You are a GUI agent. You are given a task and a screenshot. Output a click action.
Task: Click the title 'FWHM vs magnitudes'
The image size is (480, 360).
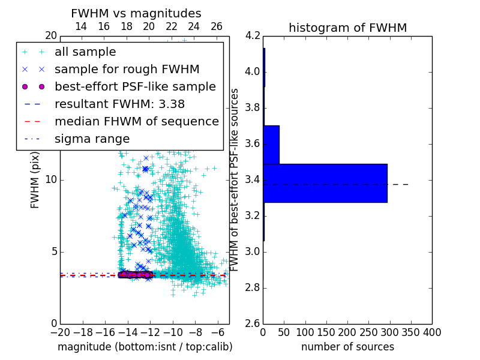(x=136, y=13)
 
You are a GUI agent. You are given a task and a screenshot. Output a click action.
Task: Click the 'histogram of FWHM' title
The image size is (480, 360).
(x=347, y=28)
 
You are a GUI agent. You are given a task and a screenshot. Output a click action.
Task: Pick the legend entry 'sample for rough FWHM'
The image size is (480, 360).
(x=127, y=69)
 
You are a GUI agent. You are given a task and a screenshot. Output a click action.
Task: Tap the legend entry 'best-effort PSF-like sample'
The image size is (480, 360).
(x=135, y=86)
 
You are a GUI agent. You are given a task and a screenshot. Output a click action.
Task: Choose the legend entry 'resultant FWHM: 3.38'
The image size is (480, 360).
(x=119, y=104)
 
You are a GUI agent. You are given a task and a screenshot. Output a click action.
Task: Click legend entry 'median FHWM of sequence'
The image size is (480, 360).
(x=136, y=121)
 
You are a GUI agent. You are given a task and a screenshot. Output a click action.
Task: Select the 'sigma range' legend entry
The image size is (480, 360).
(x=92, y=139)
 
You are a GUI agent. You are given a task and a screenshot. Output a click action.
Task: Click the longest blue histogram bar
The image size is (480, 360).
(x=325, y=183)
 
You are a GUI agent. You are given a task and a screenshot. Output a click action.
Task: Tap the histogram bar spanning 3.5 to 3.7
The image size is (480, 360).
(x=271, y=145)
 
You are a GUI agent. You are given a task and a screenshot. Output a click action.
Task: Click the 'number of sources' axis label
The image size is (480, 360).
(x=347, y=347)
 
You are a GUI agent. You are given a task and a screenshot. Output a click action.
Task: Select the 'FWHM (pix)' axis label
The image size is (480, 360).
(x=35, y=180)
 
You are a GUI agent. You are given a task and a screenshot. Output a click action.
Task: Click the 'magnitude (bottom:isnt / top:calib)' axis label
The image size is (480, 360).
(x=145, y=347)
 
